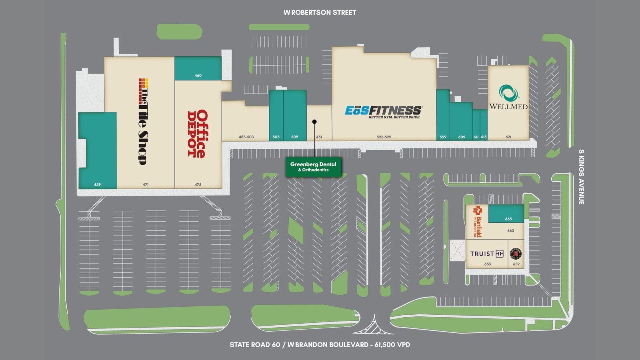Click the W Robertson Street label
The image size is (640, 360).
320,12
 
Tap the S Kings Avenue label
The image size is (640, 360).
582,177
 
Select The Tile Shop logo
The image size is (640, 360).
144,122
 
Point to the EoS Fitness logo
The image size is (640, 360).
384,112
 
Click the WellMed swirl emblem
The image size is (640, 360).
508,93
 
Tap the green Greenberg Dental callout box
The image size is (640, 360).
314,167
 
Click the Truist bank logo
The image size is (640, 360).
487,254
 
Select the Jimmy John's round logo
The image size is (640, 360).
516,254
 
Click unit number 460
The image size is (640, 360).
198,76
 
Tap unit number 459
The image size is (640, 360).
98,184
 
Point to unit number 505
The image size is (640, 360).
276,137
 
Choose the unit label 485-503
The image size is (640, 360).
246,137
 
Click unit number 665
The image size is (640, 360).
508,219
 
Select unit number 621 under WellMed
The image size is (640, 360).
508,137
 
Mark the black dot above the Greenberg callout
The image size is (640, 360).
314,122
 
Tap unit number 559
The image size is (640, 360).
443,137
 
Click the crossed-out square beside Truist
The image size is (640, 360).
458,250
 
